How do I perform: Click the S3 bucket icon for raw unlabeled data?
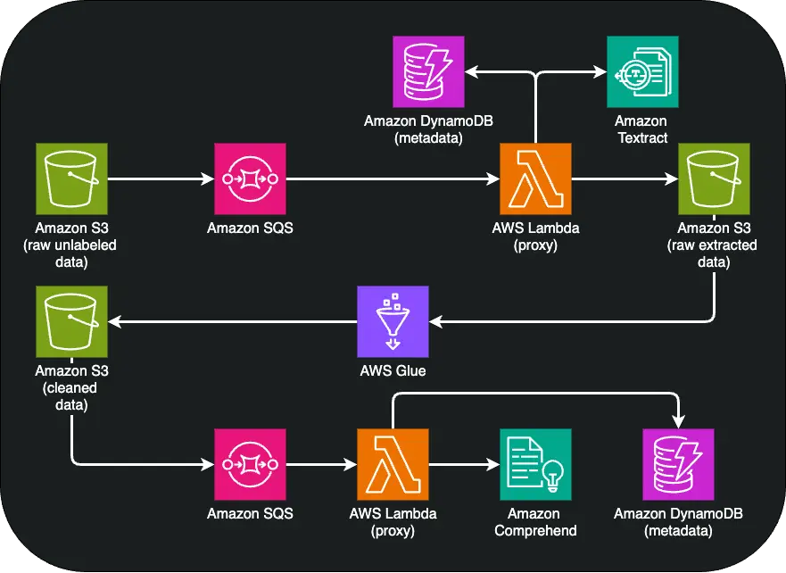(x=71, y=179)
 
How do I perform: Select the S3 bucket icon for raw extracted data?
(x=714, y=179)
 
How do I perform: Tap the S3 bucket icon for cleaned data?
(x=71, y=321)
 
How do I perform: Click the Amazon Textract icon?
(x=641, y=72)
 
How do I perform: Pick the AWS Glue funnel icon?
(x=393, y=321)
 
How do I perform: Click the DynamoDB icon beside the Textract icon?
(x=428, y=72)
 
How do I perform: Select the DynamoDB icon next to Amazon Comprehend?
(x=678, y=464)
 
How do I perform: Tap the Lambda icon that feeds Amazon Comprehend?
(x=393, y=464)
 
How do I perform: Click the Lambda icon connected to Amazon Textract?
(x=535, y=179)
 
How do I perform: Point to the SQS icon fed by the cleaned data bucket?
(x=250, y=464)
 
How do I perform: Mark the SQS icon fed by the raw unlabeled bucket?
(x=250, y=179)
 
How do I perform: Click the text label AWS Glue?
(x=393, y=370)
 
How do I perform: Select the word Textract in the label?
(x=641, y=137)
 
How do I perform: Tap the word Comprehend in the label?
(x=534, y=530)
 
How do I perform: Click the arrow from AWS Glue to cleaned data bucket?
(x=232, y=322)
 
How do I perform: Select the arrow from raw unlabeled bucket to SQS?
(x=161, y=179)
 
